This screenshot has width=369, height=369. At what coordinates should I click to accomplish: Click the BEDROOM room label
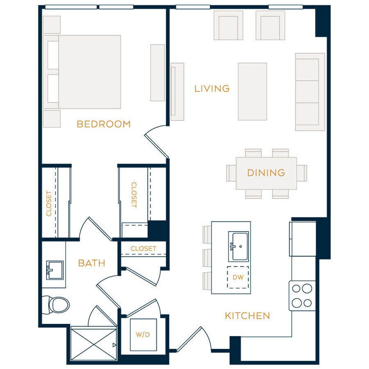pyautogui.click(x=104, y=124)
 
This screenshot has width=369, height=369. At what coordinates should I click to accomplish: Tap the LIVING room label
pyautogui.click(x=212, y=89)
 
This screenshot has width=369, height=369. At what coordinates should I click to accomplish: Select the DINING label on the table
pyautogui.click(x=266, y=173)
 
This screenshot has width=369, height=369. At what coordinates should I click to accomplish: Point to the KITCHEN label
pyautogui.click(x=247, y=316)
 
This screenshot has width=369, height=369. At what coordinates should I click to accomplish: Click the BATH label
pyautogui.click(x=91, y=263)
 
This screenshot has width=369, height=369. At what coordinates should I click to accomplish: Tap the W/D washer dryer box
pyautogui.click(x=143, y=335)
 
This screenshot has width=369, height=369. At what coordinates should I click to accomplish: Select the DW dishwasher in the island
pyautogui.click(x=238, y=277)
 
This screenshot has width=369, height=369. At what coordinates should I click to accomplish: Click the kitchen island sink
pyautogui.click(x=238, y=247)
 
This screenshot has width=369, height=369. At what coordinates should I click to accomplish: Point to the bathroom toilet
pyautogui.click(x=56, y=304)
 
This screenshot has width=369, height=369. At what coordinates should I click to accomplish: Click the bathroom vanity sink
pyautogui.click(x=54, y=270)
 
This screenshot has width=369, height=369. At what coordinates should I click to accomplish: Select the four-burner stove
pyautogui.click(x=302, y=296)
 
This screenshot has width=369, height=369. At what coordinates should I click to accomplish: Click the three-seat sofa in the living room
pyautogui.click(x=310, y=92)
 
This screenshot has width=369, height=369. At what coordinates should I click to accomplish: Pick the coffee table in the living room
pyautogui.click(x=252, y=91)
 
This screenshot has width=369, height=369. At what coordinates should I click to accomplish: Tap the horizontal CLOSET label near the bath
pyautogui.click(x=143, y=248)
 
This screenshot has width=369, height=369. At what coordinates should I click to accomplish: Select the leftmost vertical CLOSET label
pyautogui.click(x=49, y=203)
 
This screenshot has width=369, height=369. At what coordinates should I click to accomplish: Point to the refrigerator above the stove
pyautogui.click(x=302, y=239)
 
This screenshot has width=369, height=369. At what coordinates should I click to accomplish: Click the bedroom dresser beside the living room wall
pyautogui.click(x=157, y=73)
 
